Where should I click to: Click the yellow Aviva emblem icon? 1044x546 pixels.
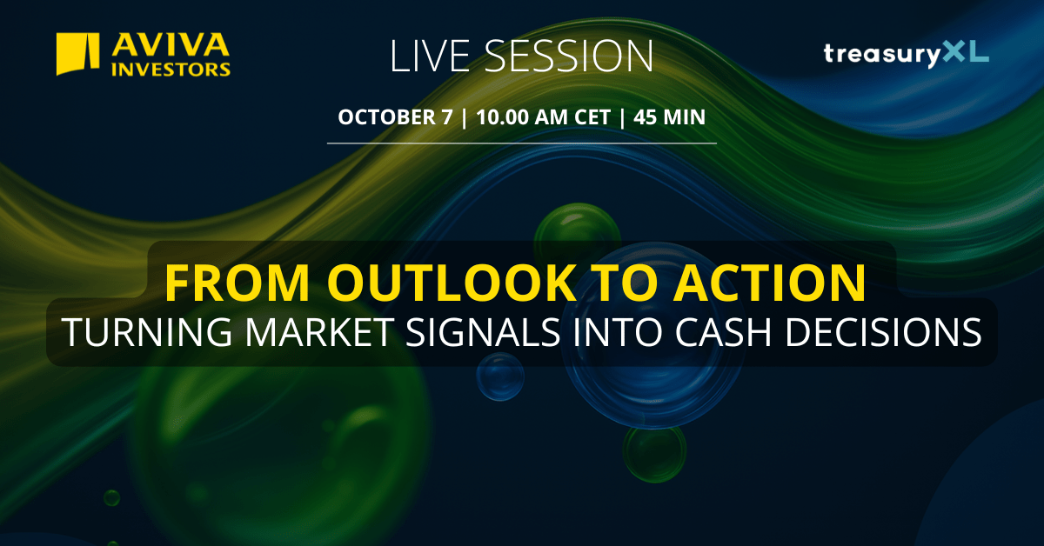point(77,54)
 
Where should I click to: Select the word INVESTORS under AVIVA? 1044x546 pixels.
point(171,70)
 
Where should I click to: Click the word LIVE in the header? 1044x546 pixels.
point(430,56)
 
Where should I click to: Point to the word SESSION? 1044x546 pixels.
point(569,56)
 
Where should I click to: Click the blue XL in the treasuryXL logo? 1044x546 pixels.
point(965,51)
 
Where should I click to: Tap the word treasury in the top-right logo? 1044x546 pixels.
point(883,55)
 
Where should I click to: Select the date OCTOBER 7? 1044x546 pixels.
point(395,117)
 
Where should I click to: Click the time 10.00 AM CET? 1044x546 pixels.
point(543,117)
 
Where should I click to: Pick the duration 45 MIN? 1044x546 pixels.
point(669,117)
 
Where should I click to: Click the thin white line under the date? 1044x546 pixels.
point(521,143)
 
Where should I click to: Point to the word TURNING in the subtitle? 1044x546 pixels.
point(146,332)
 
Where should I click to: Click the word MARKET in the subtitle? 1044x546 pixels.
point(320,332)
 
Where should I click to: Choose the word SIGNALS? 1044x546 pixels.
point(483,332)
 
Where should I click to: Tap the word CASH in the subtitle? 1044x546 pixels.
point(723,332)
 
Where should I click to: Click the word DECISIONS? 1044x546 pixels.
point(884,332)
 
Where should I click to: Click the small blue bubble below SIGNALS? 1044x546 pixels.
point(500,376)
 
